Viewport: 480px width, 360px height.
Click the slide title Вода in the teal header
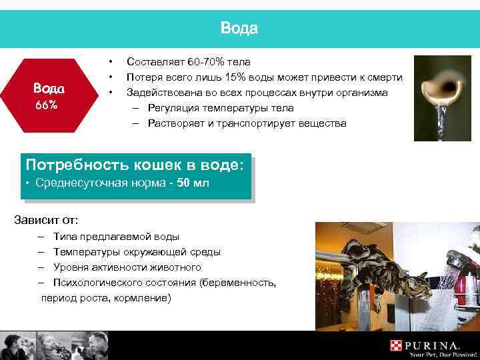point(239,29)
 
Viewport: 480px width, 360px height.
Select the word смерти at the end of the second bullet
point(383,77)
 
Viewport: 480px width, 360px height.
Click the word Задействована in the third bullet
point(159,92)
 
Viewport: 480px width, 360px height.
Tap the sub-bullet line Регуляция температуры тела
point(220,107)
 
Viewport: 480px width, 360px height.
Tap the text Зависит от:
point(46,219)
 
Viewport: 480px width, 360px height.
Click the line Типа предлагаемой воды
point(116,237)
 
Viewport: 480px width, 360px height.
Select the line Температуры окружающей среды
point(137,252)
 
